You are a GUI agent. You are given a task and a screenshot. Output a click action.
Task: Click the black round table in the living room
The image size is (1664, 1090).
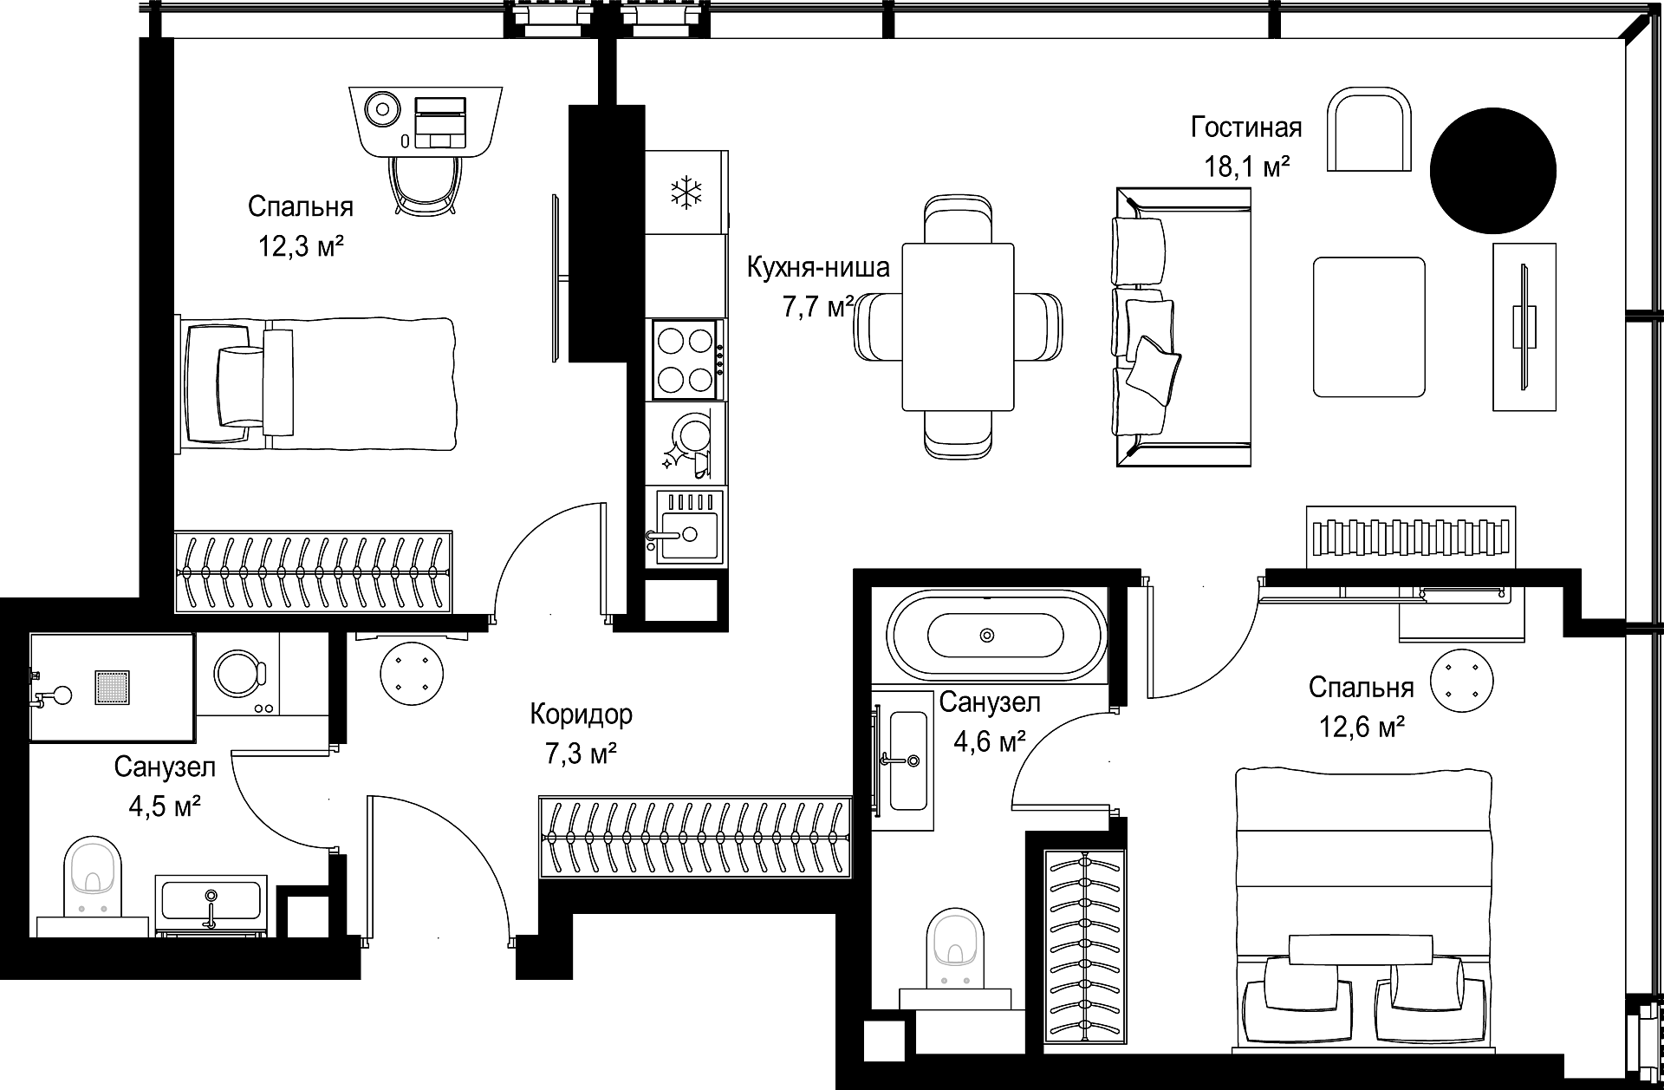pyautogui.click(x=1492, y=171)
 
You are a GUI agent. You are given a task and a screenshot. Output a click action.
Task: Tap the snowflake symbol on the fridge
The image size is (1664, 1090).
pyautogui.click(x=686, y=193)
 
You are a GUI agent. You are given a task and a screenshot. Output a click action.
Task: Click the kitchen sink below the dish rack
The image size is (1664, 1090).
pyautogui.click(x=686, y=526)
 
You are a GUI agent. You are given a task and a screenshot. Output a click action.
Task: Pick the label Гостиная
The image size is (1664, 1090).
pyautogui.click(x=1246, y=127)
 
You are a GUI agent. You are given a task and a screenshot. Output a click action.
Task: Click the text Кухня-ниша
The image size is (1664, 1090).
pyautogui.click(x=818, y=267)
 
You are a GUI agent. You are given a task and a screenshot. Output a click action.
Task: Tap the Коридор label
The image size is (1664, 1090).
pyautogui.click(x=581, y=715)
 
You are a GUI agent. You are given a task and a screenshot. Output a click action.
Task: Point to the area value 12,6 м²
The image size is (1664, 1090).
pyautogui.click(x=1361, y=727)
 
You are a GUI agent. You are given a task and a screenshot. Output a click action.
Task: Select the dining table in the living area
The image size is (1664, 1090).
pyautogui.click(x=958, y=327)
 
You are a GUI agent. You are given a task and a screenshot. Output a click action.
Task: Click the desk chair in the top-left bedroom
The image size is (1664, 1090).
pyautogui.click(x=426, y=184)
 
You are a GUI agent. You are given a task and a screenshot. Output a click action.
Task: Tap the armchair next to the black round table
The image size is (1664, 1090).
pyautogui.click(x=1370, y=129)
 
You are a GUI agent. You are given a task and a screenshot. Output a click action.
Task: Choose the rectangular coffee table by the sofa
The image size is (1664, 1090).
pyautogui.click(x=1369, y=327)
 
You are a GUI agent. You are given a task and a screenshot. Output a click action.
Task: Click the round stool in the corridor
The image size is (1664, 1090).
pyautogui.click(x=411, y=672)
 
